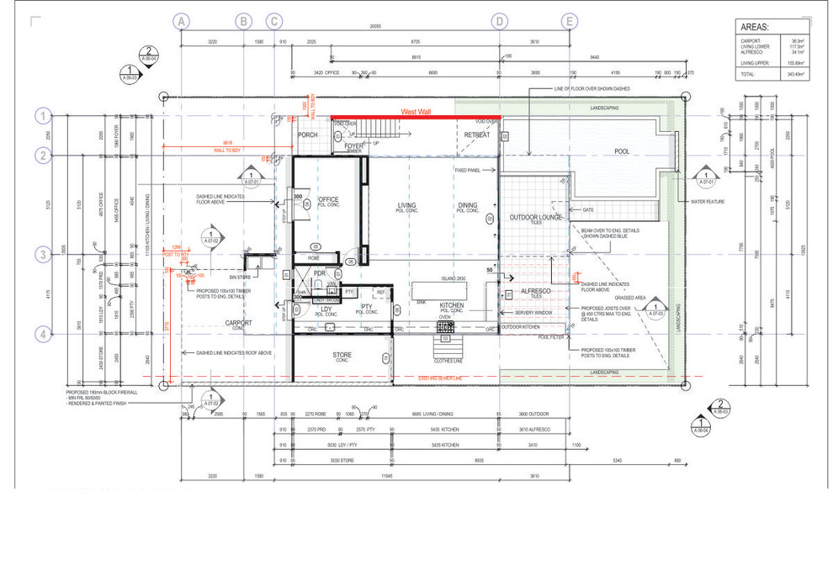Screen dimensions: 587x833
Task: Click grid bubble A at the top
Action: [x=182, y=21]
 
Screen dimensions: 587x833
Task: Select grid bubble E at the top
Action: [x=570, y=21]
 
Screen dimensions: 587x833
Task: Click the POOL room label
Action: [x=622, y=152]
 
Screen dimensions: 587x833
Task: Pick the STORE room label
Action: [x=342, y=355]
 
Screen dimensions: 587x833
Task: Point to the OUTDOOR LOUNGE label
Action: [x=535, y=218]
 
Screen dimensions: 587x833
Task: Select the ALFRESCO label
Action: [x=535, y=290]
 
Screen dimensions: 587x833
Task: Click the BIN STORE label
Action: [x=241, y=276]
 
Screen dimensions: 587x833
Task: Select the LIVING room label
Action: [x=407, y=205]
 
